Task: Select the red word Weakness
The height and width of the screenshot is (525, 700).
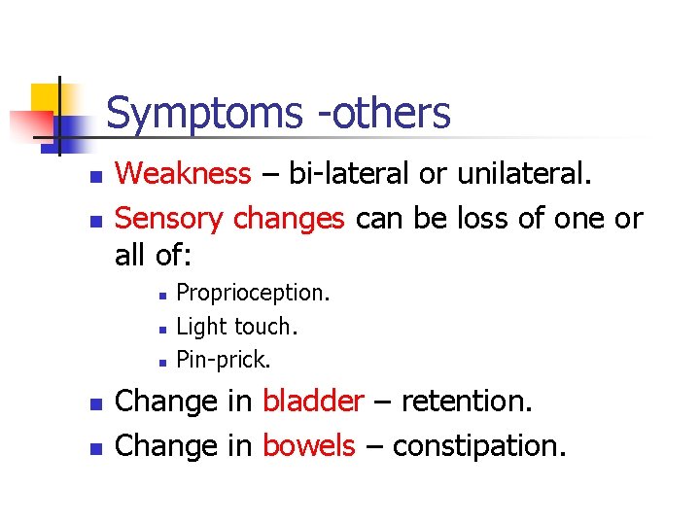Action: coord(183,174)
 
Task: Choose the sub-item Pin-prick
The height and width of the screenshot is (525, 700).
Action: coord(224,360)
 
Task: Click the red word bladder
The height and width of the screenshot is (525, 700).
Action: coord(313,401)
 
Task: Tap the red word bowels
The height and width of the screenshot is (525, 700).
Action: coord(309,445)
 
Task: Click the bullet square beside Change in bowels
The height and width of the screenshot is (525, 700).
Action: coord(94,448)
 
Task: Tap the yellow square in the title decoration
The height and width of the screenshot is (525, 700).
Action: coord(46,97)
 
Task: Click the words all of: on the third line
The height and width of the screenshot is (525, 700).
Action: coord(154,256)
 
